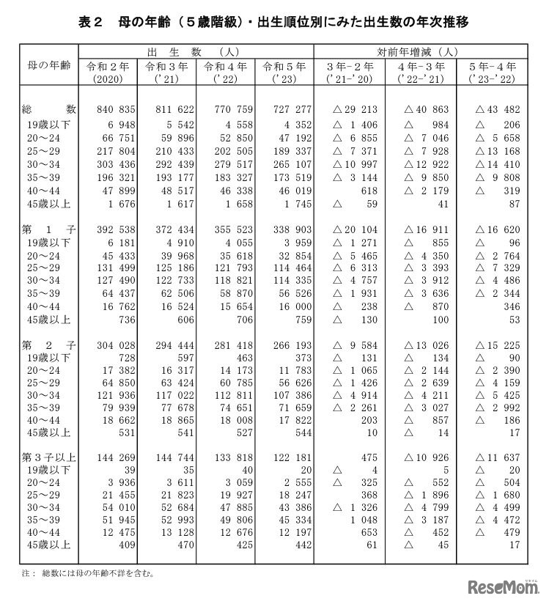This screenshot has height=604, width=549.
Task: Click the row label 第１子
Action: coord(40,229)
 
